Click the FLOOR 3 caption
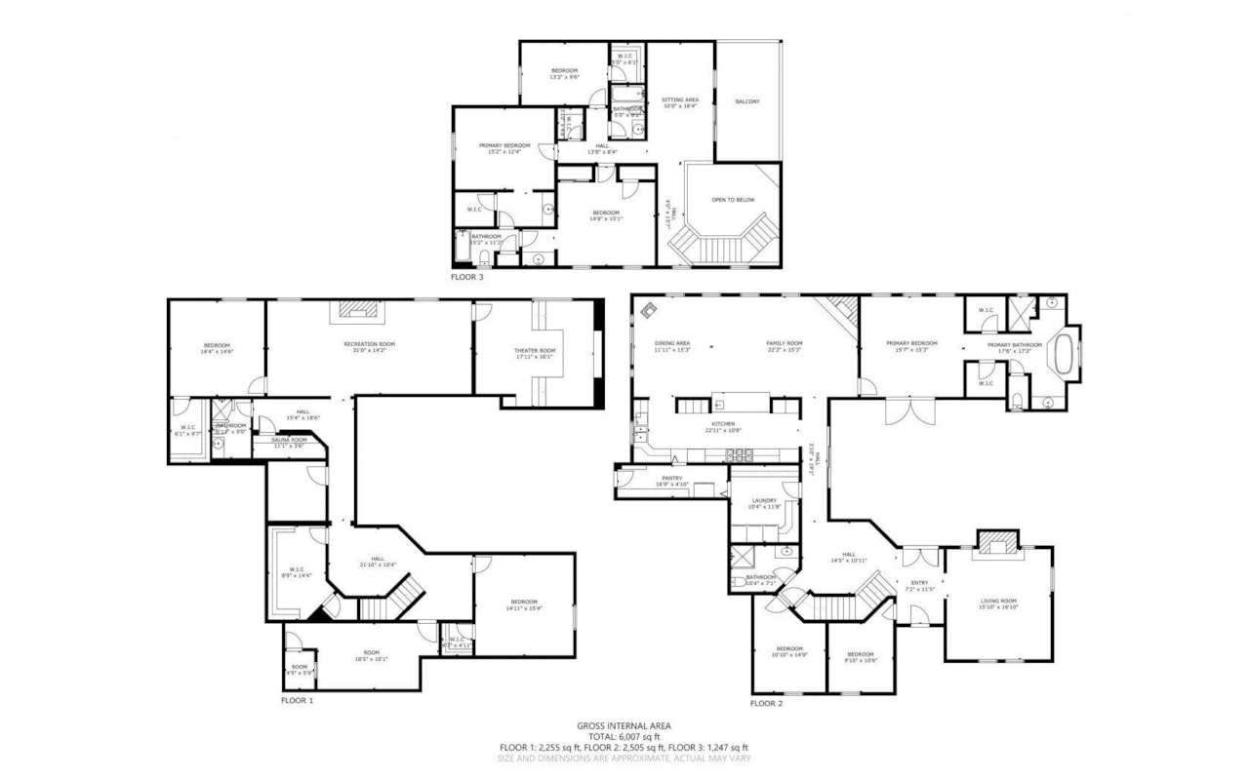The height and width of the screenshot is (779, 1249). (466, 277)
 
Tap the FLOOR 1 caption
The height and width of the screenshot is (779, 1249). (298, 700)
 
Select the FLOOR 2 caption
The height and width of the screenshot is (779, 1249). (766, 703)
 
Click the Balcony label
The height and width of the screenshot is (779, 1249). (746, 101)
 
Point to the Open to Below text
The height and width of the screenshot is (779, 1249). (732, 199)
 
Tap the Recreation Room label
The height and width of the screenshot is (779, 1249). (369, 344)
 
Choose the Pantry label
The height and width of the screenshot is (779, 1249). (672, 478)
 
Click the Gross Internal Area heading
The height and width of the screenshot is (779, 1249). (624, 725)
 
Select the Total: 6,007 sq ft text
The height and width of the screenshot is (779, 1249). (624, 736)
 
